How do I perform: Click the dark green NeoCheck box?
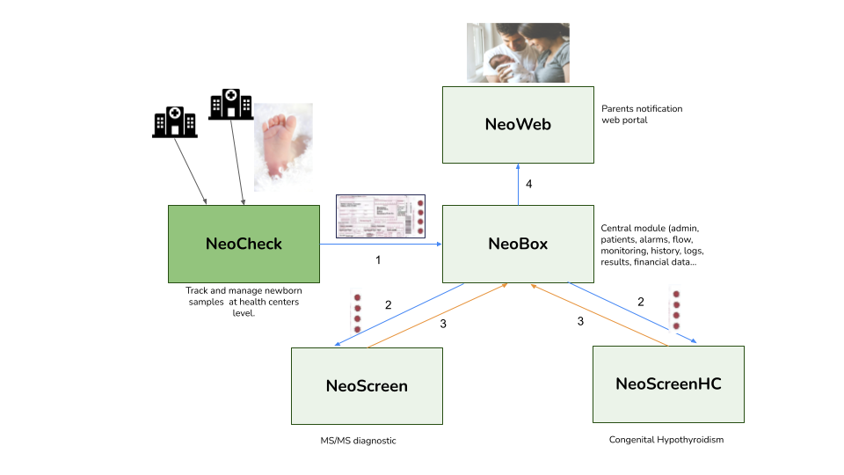244,244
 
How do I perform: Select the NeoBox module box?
518,244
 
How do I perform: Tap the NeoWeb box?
518,125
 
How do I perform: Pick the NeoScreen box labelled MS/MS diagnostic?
367,386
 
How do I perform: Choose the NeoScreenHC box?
668,384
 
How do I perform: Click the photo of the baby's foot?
283,147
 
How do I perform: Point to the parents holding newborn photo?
518,53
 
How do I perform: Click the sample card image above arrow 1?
381,216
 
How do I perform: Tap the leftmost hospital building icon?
174,122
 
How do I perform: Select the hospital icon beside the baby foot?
231,105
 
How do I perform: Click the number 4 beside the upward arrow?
529,184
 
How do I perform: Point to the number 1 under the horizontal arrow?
378,260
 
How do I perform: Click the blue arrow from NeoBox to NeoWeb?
518,184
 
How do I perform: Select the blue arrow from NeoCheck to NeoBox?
381,244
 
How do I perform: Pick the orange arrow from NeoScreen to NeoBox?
438,316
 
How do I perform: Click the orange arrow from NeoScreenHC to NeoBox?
599,315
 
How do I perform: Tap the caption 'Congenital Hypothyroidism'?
666,440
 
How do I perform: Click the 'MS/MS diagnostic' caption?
358,441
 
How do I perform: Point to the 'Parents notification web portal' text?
642,114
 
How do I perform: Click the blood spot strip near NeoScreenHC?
676,310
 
